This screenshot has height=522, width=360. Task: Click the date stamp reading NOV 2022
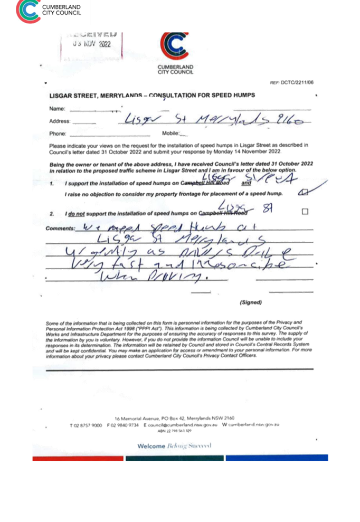(x=92, y=44)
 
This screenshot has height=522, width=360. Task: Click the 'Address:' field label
(x=59, y=121)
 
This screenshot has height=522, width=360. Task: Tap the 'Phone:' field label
(x=58, y=134)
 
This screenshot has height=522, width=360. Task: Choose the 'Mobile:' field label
(x=171, y=134)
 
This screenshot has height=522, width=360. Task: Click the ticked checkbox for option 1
(x=303, y=193)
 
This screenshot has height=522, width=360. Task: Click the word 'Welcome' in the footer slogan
(x=151, y=446)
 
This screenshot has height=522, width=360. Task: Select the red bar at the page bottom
(x=78, y=458)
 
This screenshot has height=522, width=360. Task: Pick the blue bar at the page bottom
(x=277, y=458)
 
